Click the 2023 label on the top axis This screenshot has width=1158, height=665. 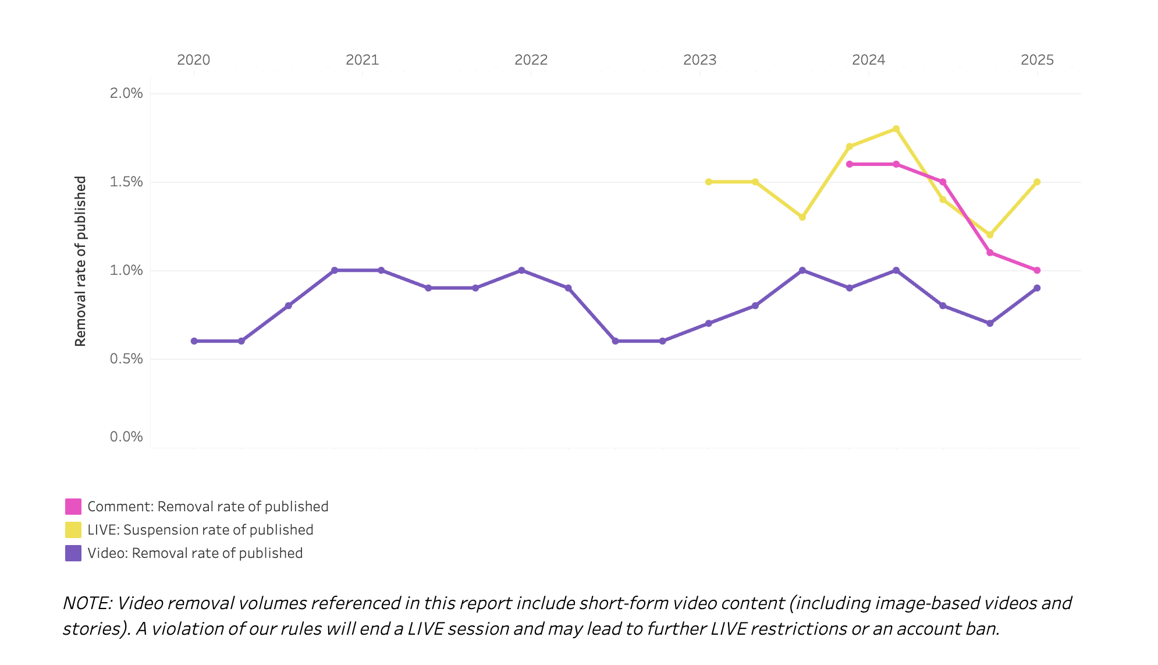(699, 60)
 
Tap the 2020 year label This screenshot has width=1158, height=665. (193, 60)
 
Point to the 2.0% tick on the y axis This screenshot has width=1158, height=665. (126, 93)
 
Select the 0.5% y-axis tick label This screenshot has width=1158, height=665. (126, 359)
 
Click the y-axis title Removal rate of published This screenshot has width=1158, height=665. (80, 261)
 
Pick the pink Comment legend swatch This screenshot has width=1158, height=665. (73, 507)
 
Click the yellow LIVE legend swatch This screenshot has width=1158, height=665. (73, 530)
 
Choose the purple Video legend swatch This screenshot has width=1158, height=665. (73, 553)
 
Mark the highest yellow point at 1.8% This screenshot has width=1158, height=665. (896, 129)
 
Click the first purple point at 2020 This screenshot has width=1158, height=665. (194, 341)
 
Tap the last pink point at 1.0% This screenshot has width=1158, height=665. (1037, 270)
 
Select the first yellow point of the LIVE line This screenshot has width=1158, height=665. (708, 182)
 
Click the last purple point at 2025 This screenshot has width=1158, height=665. (1037, 288)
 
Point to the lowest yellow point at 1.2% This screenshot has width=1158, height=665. (990, 235)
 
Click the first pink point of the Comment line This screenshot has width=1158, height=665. (850, 164)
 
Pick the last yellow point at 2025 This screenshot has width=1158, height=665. (1037, 182)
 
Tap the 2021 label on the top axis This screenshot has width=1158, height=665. (362, 60)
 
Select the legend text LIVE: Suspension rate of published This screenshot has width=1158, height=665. (200, 530)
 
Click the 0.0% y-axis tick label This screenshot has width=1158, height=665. (126, 437)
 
